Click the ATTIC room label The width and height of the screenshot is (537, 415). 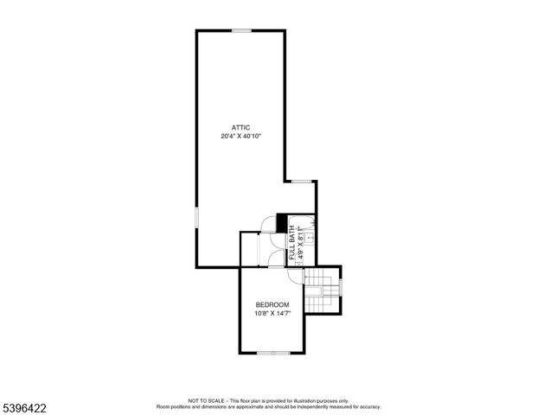(x=240, y=127)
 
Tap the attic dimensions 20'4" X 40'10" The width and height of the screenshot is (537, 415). (x=240, y=137)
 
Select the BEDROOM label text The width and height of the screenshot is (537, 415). (x=272, y=305)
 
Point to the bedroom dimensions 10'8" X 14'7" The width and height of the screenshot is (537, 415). (x=272, y=314)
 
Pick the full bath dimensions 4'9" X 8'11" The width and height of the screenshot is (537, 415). (x=301, y=243)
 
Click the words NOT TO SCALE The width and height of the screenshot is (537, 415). (x=208, y=400)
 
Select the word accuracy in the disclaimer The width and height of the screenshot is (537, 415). (x=370, y=405)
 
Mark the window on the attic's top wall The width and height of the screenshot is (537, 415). (x=241, y=31)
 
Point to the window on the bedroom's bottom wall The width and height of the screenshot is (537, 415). (x=274, y=353)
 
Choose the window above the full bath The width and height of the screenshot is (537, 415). (x=301, y=181)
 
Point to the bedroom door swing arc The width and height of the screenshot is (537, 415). (x=295, y=276)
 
